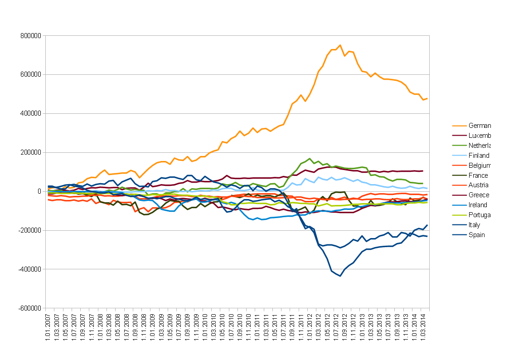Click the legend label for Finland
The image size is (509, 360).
point(479,156)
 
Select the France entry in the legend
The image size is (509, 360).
point(478,175)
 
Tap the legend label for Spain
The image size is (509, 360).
point(477,235)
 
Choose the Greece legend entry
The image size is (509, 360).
point(479,195)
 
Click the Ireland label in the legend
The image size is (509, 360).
point(478,205)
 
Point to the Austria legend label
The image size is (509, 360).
point(479,185)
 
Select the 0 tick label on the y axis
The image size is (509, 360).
point(39,191)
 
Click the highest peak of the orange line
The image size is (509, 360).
point(340,45)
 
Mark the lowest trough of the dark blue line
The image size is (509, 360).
point(340,276)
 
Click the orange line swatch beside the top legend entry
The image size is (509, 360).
point(459,126)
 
